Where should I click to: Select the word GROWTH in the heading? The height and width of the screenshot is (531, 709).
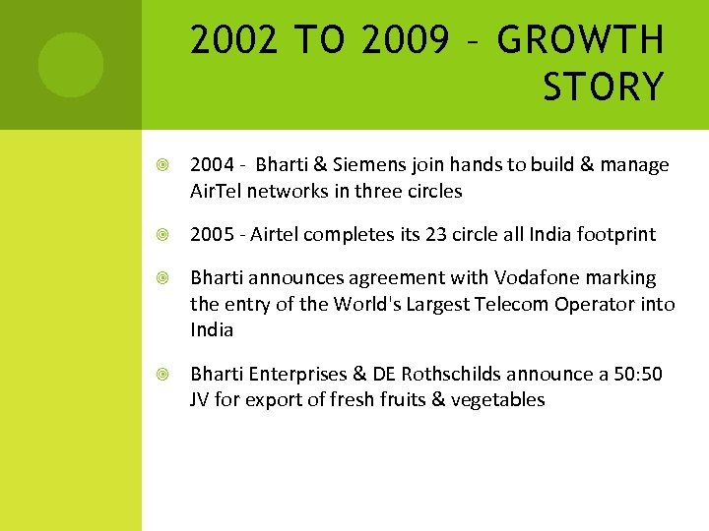pyautogui.click(x=581, y=40)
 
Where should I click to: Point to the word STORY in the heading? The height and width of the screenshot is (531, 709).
pyautogui.click(x=603, y=88)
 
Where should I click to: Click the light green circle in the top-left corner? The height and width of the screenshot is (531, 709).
pyautogui.click(x=71, y=65)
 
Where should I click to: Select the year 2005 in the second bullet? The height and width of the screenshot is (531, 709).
pyautogui.click(x=212, y=234)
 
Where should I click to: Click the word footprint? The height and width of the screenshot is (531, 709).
pyautogui.click(x=612, y=234)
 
